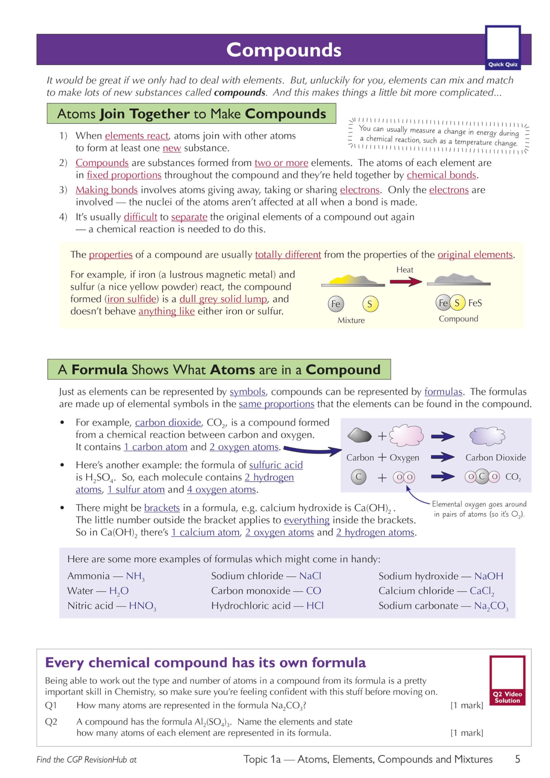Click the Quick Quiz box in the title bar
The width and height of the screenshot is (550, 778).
[503, 47]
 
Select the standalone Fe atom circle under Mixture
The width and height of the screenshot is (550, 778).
[335, 304]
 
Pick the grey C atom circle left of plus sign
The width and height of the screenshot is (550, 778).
[358, 477]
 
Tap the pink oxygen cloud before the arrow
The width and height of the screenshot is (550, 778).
[406, 435]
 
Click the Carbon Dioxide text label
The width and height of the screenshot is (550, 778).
[495, 457]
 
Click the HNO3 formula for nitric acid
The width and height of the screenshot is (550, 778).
[142, 606]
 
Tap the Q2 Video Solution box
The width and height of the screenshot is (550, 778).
[507, 680]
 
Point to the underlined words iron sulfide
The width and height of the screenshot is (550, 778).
[132, 299]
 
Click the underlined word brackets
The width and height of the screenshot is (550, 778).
[162, 508]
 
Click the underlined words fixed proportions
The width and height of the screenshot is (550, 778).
[124, 175]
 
